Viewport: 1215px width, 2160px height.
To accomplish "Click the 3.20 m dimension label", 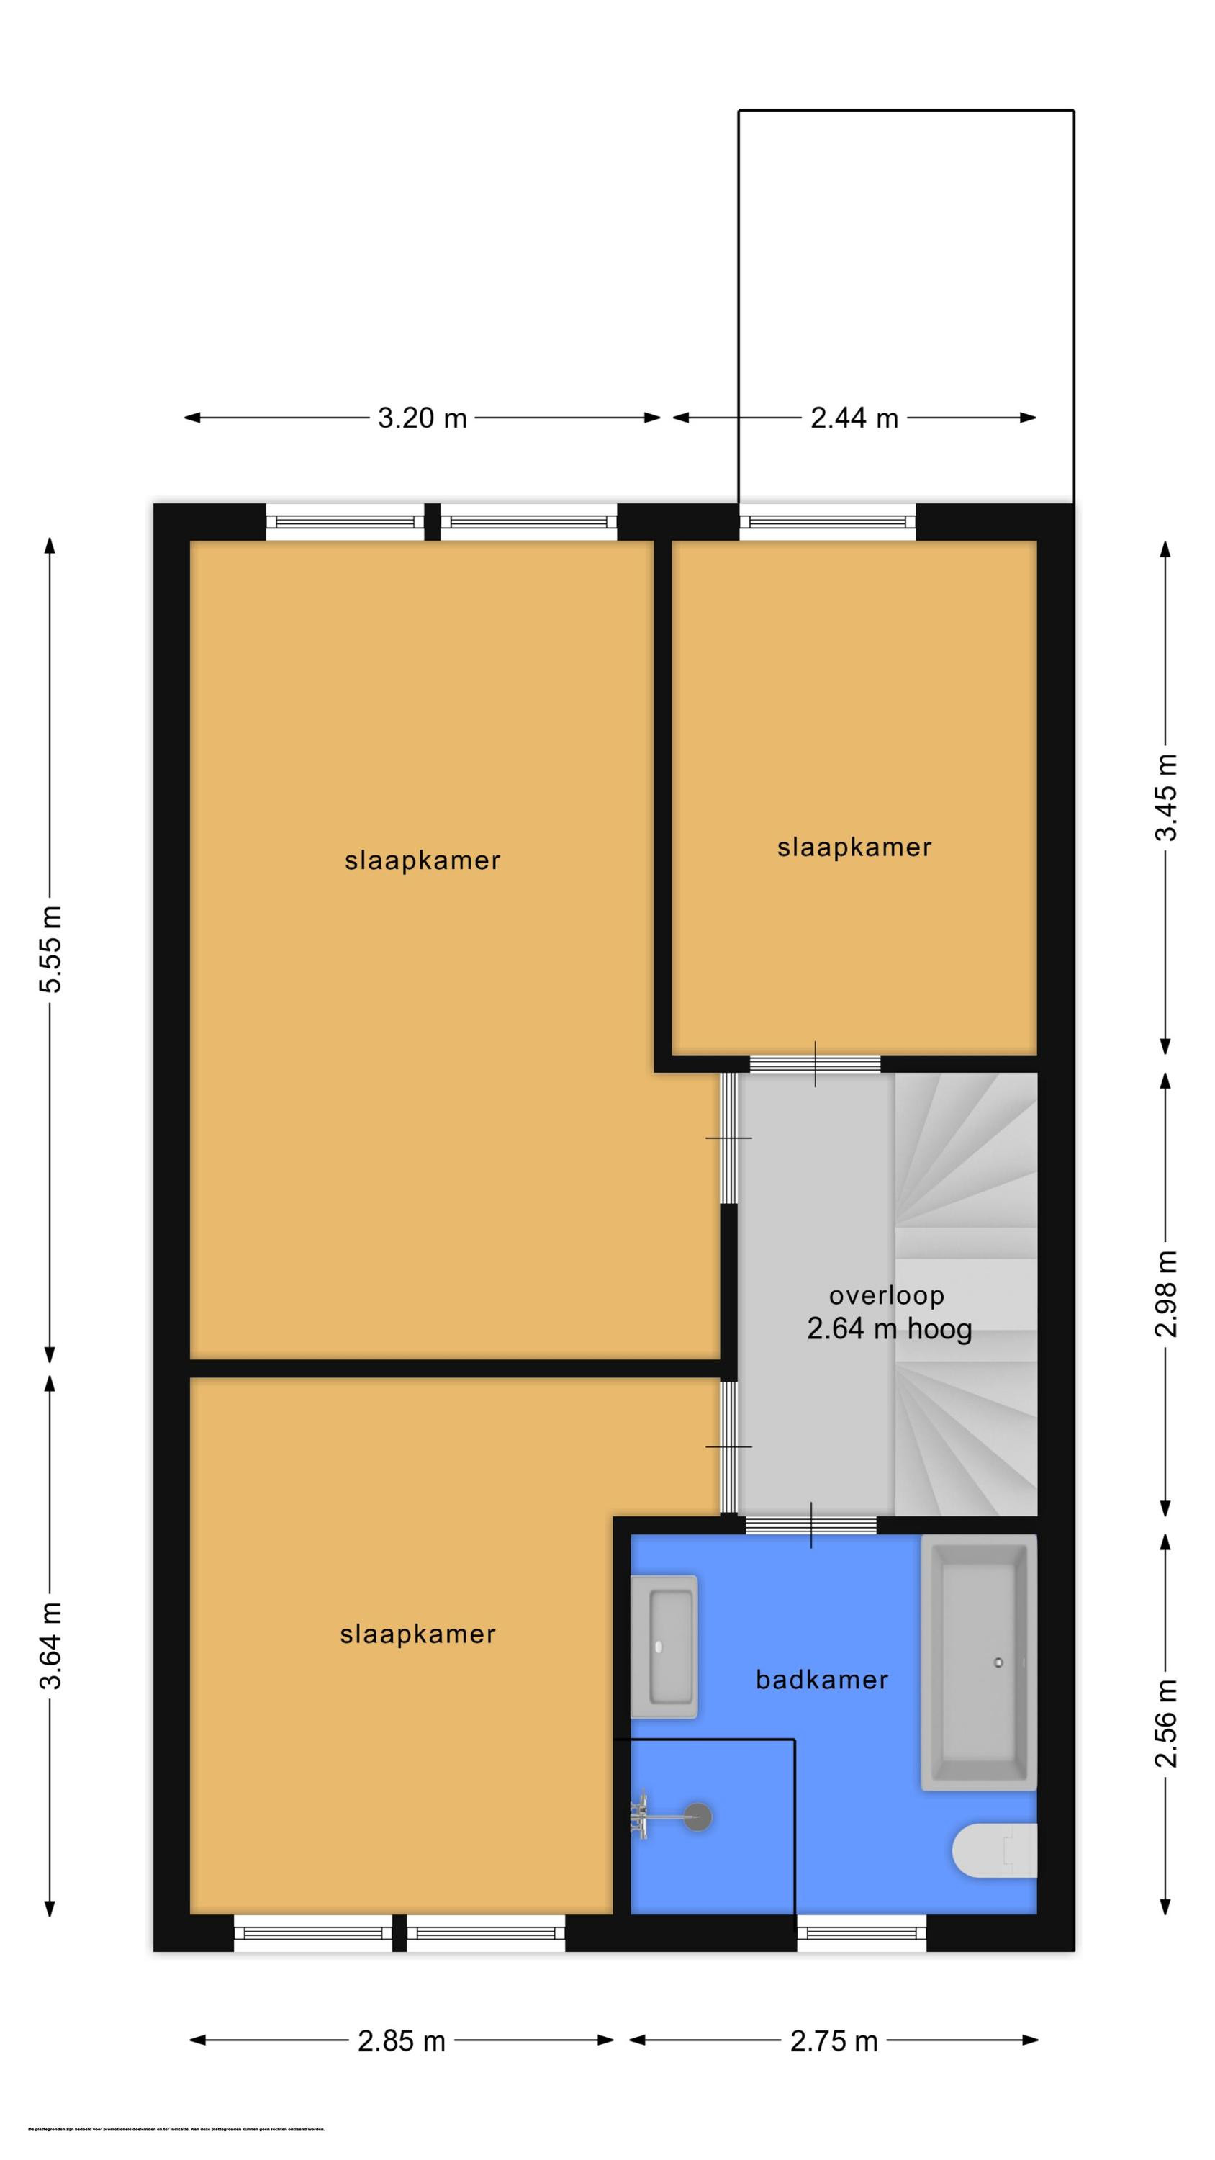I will tap(422, 418).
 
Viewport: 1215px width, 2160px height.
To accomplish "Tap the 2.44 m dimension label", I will tap(854, 418).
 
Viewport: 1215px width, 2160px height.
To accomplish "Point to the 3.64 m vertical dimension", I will tap(50, 1645).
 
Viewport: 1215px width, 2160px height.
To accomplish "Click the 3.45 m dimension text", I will tap(1166, 796).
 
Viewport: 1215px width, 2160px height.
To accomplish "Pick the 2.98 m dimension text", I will tap(1166, 1294).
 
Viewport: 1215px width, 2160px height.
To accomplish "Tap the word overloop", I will tap(886, 1295).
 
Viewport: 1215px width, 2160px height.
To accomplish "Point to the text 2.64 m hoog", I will tap(889, 1329).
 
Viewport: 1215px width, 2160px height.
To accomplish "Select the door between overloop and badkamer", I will tap(810, 1525).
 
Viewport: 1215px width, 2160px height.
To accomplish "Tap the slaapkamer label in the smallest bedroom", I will tap(854, 847).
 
